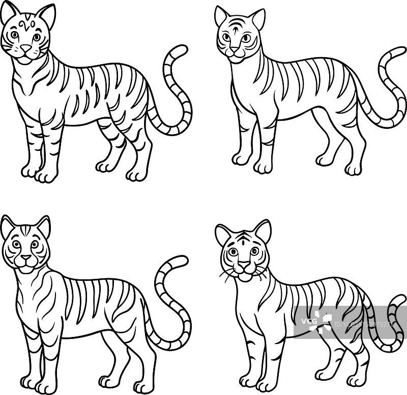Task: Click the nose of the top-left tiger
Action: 25,48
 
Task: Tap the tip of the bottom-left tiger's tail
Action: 182,259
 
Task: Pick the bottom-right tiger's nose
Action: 244,265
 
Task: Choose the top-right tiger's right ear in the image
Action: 258,19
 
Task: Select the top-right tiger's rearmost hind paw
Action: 353,169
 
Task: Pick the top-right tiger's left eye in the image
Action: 226,37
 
